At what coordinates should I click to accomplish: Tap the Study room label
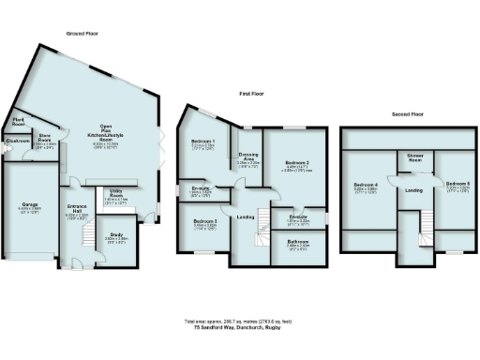(116, 237)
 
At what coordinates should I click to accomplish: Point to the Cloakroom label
(17, 141)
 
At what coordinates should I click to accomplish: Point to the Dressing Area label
(248, 158)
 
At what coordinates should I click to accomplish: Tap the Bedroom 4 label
(366, 187)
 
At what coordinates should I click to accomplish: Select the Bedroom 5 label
(457, 185)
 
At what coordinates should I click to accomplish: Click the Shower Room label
(413, 158)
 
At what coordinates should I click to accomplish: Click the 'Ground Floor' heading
(82, 33)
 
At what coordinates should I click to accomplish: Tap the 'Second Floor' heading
(409, 113)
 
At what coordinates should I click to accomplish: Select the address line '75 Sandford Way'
(240, 327)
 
